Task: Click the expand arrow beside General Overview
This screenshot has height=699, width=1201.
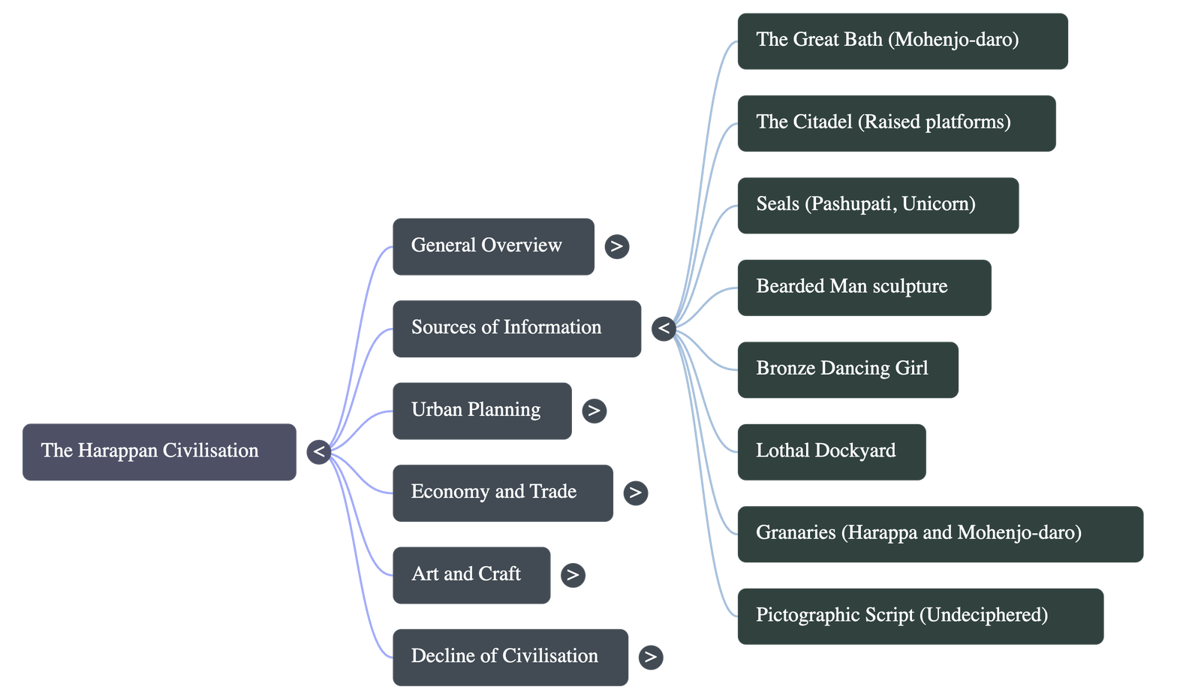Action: pyautogui.click(x=616, y=246)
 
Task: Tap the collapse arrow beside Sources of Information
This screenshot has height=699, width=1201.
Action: pyautogui.click(x=664, y=328)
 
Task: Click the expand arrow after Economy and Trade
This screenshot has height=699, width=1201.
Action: pyautogui.click(x=635, y=493)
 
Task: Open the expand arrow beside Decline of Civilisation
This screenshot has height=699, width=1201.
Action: pyautogui.click(x=650, y=657)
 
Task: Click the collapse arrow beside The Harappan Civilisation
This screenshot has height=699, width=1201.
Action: pyautogui.click(x=318, y=451)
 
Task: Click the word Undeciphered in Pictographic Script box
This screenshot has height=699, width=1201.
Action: pyautogui.click(x=986, y=615)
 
